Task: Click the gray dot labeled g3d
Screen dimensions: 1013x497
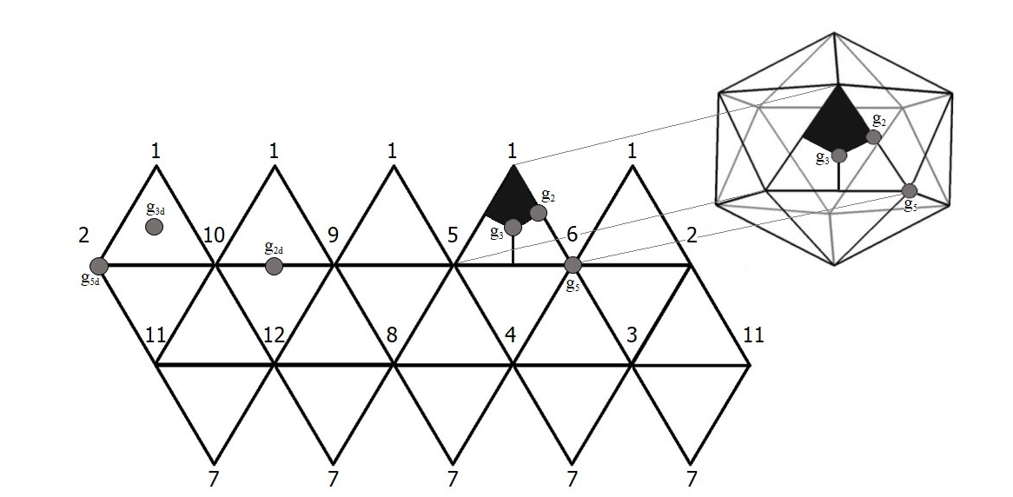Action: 154,227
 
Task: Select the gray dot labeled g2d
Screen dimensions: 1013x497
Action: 274,266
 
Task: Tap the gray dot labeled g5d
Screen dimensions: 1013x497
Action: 98,265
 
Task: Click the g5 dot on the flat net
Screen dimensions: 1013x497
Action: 573,264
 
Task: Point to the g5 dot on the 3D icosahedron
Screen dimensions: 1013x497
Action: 909,191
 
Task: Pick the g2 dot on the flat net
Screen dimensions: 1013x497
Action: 538,213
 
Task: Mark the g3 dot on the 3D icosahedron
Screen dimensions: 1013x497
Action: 838,156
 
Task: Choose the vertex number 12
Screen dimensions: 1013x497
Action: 274,335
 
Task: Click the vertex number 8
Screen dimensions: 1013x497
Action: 393,335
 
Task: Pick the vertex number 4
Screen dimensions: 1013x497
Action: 513,335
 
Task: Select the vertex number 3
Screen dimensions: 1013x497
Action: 632,335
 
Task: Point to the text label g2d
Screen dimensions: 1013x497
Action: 274,248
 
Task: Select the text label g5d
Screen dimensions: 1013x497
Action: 89,282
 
